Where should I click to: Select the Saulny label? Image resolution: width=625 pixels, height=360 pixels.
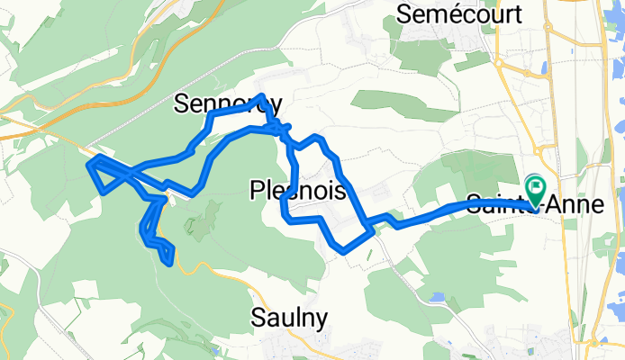click(289, 317)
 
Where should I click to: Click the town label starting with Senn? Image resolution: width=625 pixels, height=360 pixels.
click(226, 103)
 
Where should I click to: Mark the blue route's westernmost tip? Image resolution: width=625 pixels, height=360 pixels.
click(89, 163)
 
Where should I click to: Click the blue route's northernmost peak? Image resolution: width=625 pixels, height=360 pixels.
click(261, 95)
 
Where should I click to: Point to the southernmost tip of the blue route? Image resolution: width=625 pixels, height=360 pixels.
click(170, 263)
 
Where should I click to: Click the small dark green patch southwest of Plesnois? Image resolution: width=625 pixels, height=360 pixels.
click(213, 212)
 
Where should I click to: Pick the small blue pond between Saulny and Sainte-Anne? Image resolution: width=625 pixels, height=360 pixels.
click(439, 296)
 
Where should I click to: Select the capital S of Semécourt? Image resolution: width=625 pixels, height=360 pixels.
click(403, 14)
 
